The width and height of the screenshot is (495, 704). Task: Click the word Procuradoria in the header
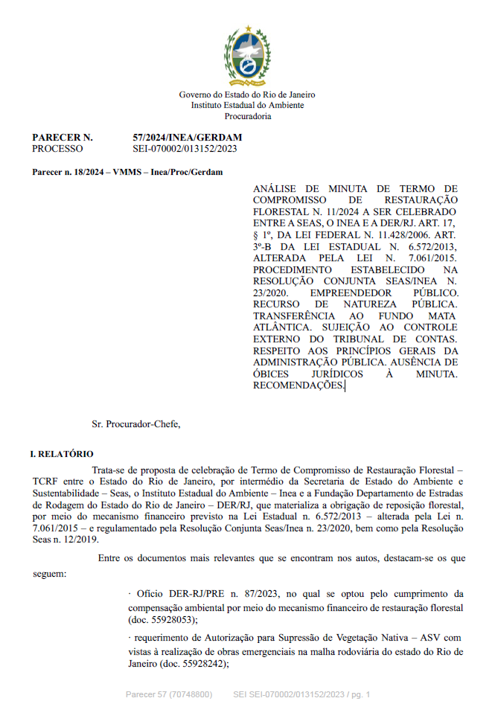pos(247,117)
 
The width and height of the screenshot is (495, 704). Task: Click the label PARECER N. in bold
pos(63,138)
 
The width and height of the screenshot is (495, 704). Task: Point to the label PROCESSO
pos(58,149)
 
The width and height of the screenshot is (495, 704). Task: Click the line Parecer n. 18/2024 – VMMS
pos(127,172)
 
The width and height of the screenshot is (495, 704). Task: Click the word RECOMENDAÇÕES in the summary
pos(298,385)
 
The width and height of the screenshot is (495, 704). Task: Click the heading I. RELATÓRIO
pos(62,453)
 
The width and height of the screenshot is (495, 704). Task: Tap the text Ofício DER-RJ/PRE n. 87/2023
pos(194,594)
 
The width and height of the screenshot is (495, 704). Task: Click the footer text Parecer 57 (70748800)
pos(168,694)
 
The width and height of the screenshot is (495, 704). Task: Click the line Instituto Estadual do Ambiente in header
pos(247,106)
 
